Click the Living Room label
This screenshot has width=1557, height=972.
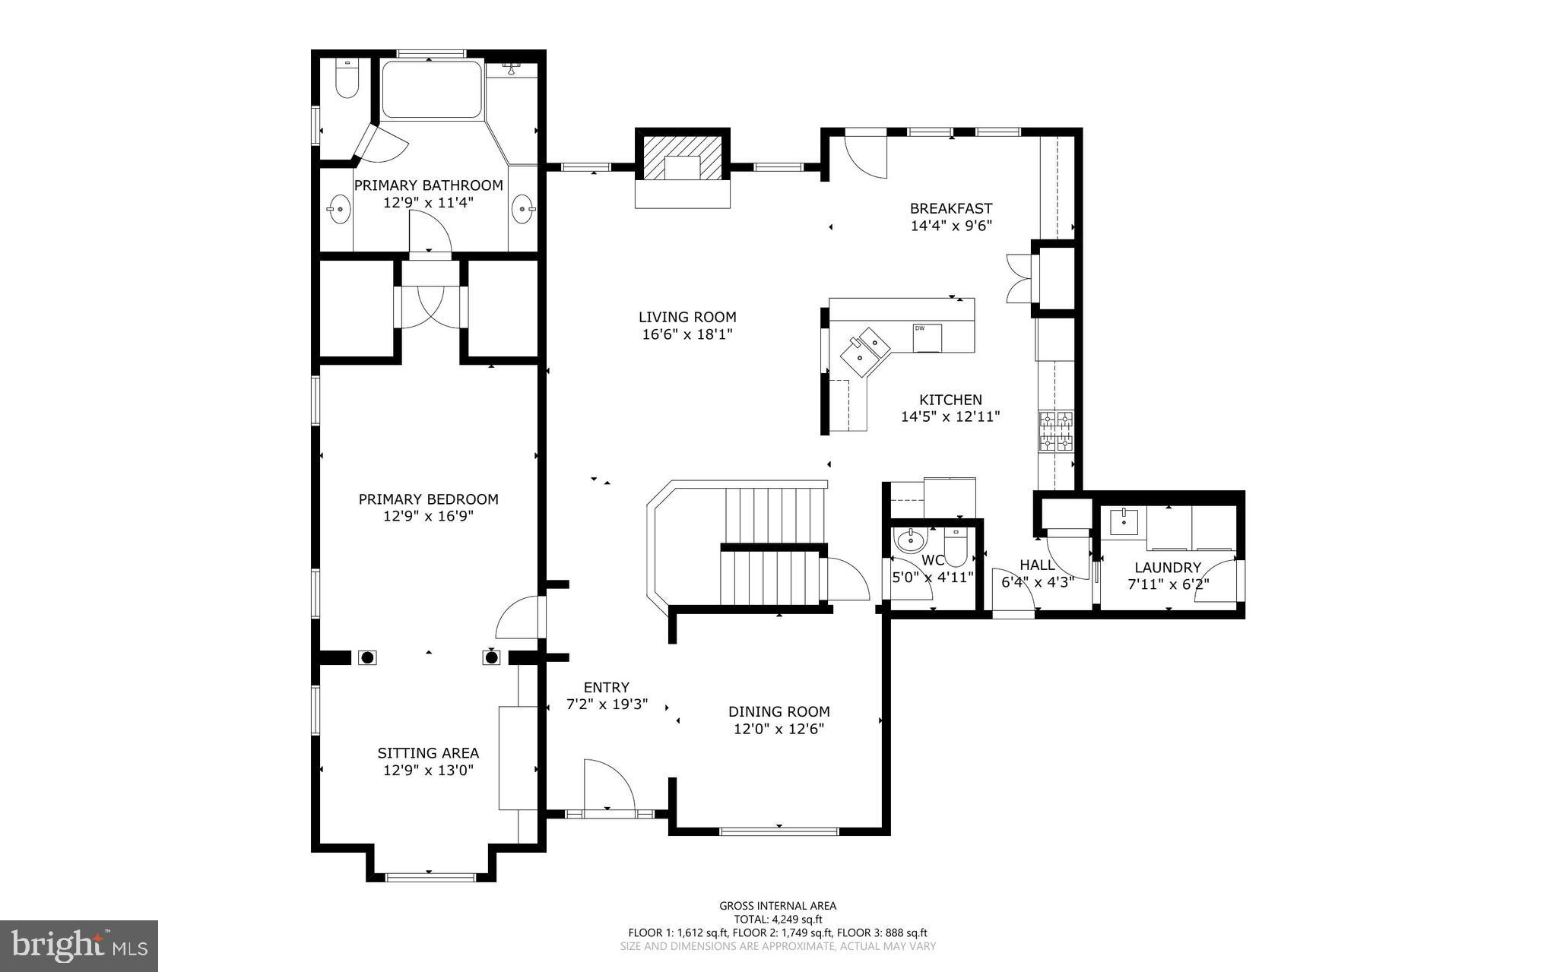point(687,317)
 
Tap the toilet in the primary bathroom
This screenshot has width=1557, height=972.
point(347,81)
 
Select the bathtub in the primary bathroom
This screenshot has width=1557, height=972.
point(431,90)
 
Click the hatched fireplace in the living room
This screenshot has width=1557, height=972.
point(682,158)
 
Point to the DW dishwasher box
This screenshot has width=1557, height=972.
point(927,337)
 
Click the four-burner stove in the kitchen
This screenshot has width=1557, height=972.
point(1056,431)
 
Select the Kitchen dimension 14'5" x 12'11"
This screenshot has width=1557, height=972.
point(950,416)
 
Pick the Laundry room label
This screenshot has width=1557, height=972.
point(1168,567)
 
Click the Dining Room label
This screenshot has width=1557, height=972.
point(778,711)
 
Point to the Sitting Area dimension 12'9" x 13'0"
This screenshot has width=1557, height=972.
point(428,770)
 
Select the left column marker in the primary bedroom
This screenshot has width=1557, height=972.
point(367,657)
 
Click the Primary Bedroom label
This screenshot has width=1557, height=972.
point(428,499)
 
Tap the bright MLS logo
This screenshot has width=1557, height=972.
point(79,945)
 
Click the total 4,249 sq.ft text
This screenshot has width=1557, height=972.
point(778,919)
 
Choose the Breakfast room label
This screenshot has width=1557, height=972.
point(951,208)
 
